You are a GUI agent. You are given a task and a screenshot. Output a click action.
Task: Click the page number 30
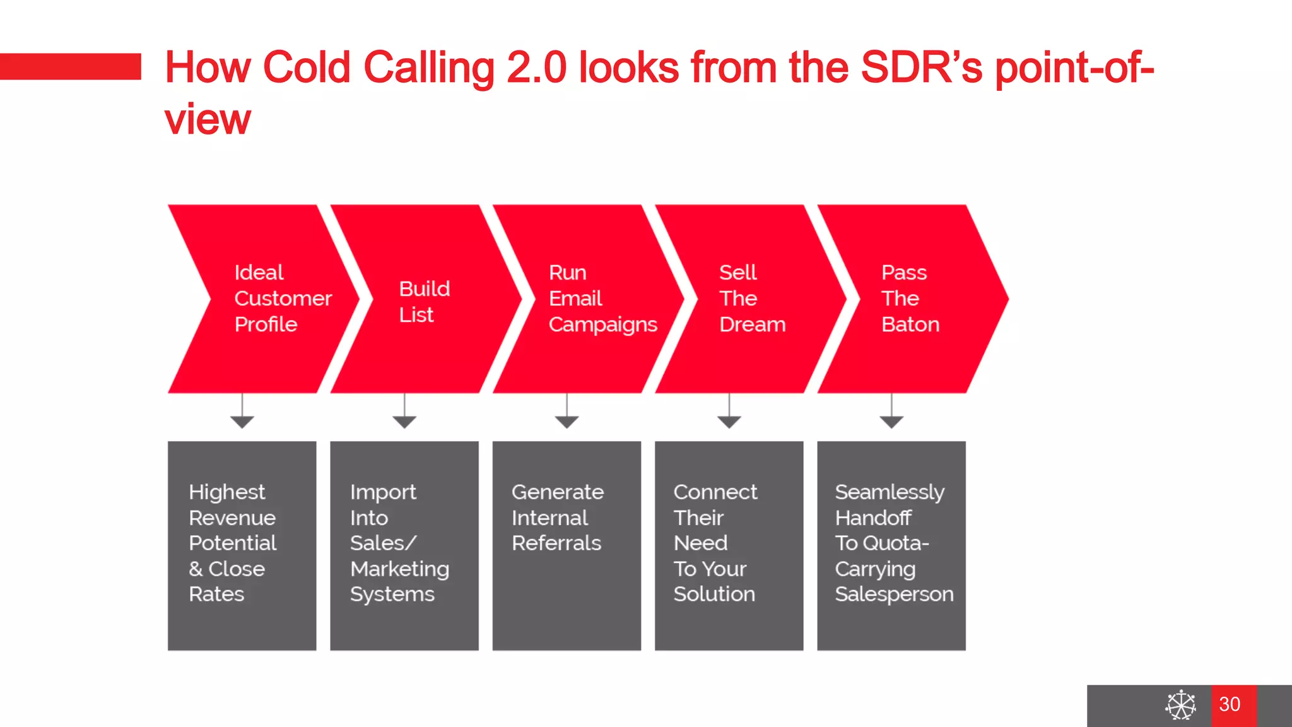[1230, 704]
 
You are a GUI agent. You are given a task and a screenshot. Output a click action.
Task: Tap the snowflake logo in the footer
[1180, 705]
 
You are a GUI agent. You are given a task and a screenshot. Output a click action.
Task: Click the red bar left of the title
[70, 66]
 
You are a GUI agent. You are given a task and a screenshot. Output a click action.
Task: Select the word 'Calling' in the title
[429, 68]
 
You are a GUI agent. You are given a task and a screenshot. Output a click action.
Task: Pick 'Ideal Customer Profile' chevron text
[282, 298]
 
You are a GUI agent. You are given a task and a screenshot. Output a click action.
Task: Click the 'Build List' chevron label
[424, 302]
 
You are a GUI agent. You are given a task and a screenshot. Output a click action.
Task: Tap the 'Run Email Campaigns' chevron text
[602, 298]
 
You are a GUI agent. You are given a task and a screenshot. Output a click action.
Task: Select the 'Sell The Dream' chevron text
[752, 298]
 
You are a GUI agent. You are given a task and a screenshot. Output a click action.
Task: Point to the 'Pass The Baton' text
[910, 298]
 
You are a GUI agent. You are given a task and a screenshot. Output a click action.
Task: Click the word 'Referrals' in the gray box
[556, 543]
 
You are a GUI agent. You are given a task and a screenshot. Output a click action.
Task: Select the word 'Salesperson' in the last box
[894, 594]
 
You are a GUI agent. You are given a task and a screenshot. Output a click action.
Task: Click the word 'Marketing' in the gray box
[399, 569]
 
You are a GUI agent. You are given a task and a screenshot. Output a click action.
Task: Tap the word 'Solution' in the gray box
[714, 594]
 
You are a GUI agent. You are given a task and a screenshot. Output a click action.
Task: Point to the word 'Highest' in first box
[226, 492]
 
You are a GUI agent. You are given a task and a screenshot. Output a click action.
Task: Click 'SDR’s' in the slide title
[921, 68]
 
